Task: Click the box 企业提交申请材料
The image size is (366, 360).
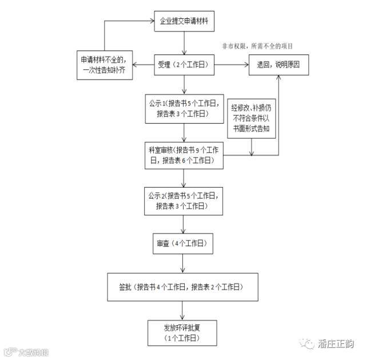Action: (x=184, y=22)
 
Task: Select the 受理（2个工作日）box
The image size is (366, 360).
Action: (x=184, y=64)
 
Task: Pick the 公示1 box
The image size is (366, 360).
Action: (x=183, y=108)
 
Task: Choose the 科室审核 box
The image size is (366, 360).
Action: (x=183, y=155)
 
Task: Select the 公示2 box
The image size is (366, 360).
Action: (x=183, y=200)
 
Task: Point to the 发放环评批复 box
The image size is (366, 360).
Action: (x=183, y=333)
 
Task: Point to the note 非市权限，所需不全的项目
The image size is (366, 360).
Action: (x=261, y=46)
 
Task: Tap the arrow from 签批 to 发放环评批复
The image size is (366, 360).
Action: (x=183, y=309)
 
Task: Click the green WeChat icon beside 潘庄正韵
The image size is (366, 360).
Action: (x=309, y=343)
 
